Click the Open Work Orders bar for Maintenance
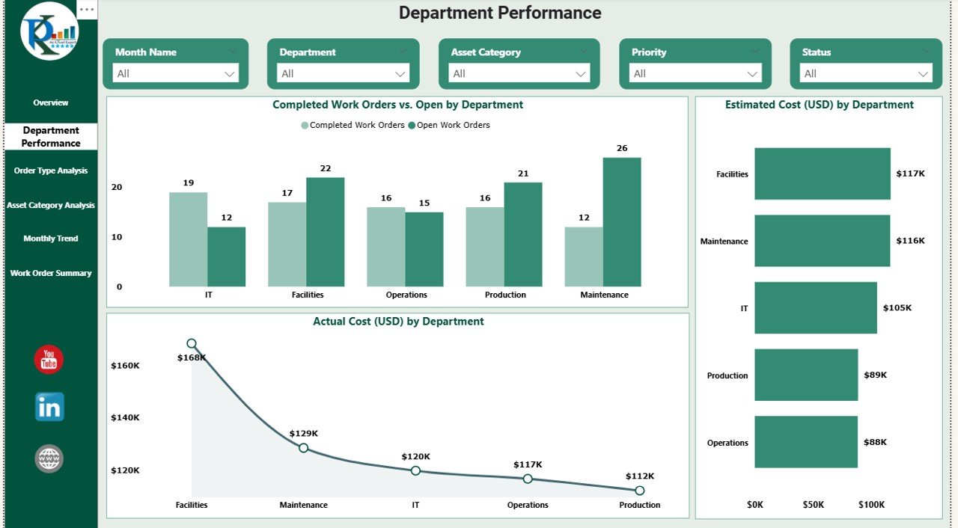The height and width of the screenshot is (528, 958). coord(622,222)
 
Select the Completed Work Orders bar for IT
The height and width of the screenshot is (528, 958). coord(188,239)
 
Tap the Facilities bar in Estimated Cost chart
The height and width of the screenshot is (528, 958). coord(822,174)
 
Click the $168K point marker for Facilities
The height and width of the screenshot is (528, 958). coord(192,344)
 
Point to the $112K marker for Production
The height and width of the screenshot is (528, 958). coord(639,491)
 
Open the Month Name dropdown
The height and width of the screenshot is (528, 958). coord(176,73)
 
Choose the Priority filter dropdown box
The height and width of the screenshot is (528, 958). coord(695,73)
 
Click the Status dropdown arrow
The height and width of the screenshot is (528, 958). coord(924,73)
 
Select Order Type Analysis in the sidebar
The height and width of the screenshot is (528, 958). coord(51,171)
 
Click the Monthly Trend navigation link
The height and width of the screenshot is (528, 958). coord(51,239)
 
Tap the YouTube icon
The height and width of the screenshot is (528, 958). coord(49,360)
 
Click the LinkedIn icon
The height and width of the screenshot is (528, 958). coord(49,408)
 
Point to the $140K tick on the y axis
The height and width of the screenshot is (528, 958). coord(125,418)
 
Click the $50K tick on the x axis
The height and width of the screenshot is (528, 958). coord(814,505)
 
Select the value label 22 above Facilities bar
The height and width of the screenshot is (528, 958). coord(325,168)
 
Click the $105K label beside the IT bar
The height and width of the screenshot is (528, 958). coord(897,308)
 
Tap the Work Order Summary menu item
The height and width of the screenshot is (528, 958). coord(51,273)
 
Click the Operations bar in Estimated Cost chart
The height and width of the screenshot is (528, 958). coord(805,442)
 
